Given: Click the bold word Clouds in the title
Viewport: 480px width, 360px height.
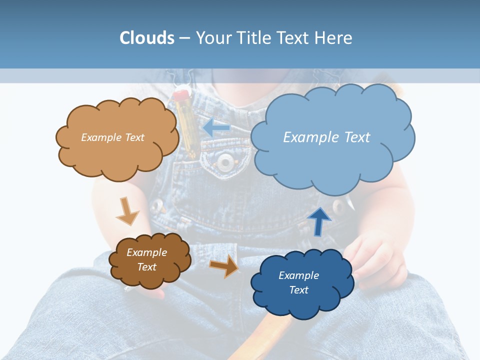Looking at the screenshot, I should coord(147,38).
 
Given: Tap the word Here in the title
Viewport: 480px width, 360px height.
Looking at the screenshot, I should coord(334,38).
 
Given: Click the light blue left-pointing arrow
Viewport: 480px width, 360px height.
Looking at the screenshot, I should coord(216,128).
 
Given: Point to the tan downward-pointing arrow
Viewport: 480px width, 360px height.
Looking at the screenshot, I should coord(127,211).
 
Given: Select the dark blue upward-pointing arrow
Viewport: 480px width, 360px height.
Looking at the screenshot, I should coord(319,221).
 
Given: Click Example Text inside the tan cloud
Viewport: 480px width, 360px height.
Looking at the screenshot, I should coord(112,137).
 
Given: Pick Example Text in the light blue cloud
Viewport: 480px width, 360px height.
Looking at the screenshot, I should coord(326,137).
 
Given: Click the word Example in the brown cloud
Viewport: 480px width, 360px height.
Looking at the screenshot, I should coord(146,252).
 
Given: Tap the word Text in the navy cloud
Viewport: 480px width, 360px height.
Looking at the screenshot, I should coord(298,290).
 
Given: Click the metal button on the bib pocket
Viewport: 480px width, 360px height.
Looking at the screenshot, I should coord(226,161).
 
